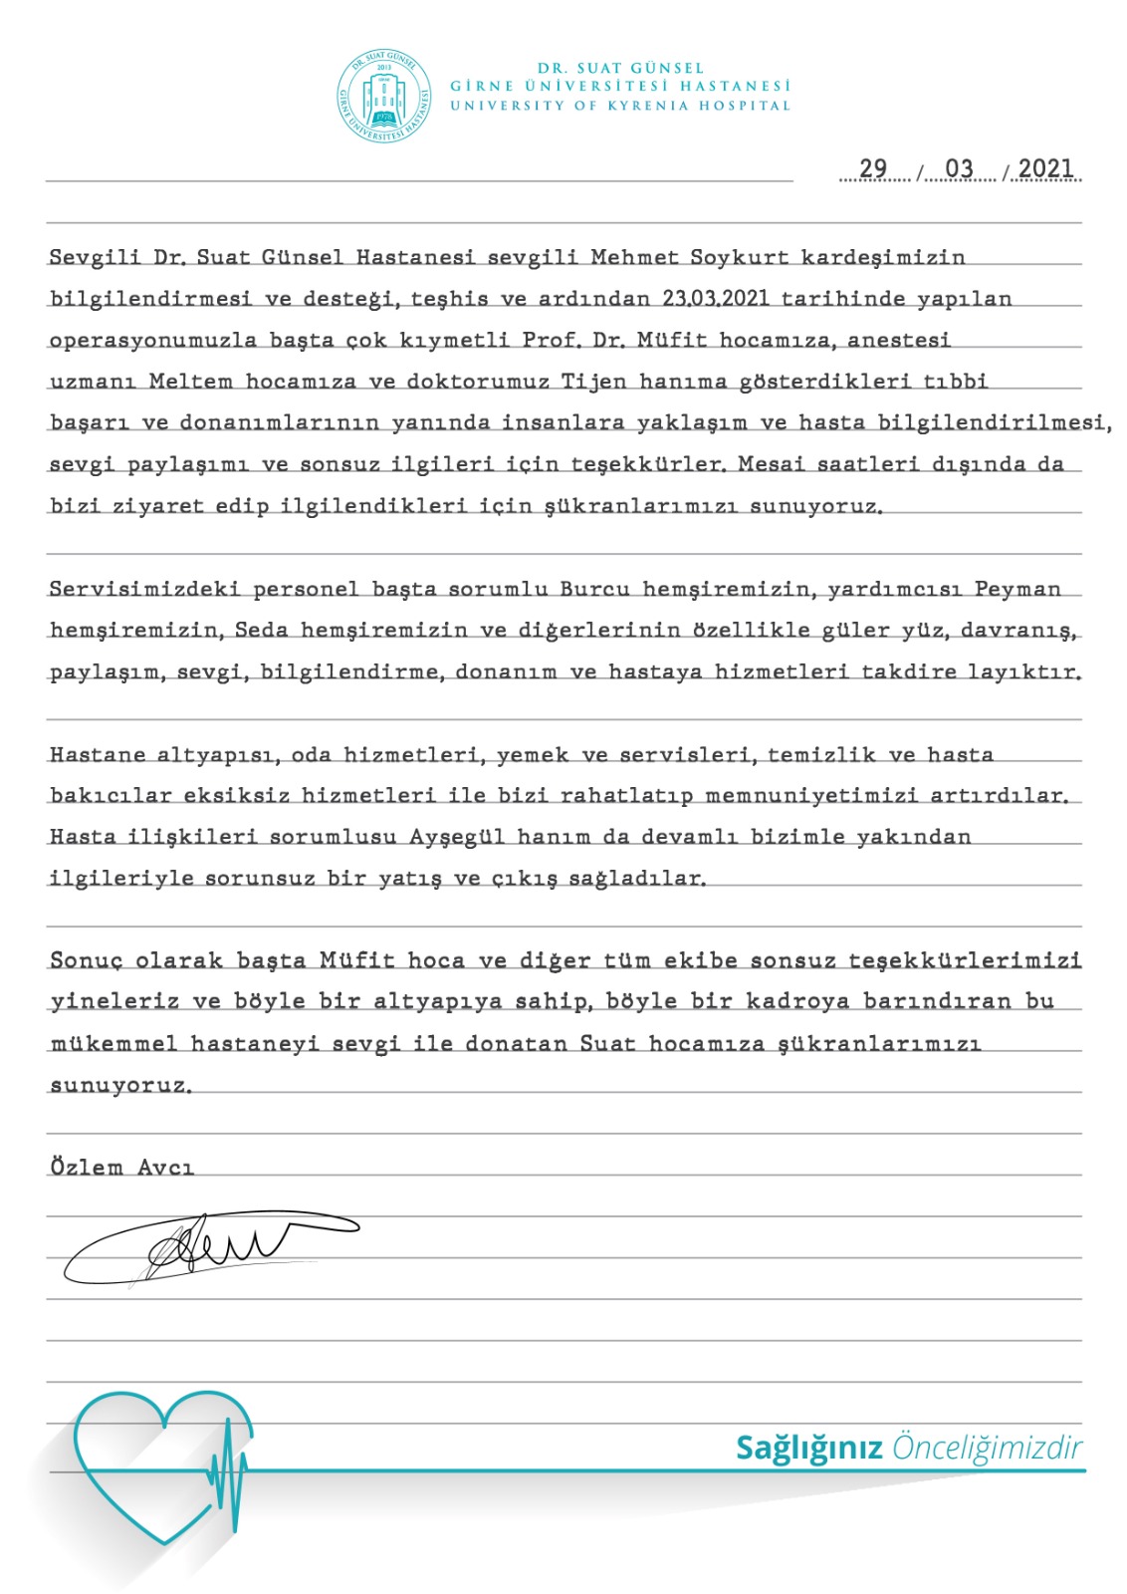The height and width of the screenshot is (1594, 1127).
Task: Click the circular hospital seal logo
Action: [384, 97]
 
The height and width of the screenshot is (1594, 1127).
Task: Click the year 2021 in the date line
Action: [1045, 168]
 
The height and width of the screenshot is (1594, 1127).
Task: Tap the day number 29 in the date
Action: [873, 168]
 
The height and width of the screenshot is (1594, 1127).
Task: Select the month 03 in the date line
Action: [959, 168]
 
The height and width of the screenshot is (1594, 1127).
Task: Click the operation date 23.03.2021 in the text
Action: [716, 299]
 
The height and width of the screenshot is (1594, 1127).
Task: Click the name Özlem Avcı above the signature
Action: [121, 1167]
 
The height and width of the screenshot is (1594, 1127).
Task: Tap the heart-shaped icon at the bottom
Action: [163, 1463]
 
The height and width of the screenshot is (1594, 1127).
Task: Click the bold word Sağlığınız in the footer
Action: [808, 1448]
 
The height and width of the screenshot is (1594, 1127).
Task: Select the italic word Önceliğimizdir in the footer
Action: [987, 1448]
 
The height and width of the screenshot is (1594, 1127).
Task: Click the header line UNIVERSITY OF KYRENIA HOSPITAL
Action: [620, 106]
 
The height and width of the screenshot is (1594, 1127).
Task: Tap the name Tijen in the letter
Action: [593, 382]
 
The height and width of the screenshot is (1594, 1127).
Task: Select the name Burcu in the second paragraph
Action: [595, 589]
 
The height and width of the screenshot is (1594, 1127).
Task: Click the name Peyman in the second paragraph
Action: [1017, 589]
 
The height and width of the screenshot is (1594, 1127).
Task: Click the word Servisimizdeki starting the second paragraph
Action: [144, 589]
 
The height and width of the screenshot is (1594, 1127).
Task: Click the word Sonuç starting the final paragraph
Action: [86, 961]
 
